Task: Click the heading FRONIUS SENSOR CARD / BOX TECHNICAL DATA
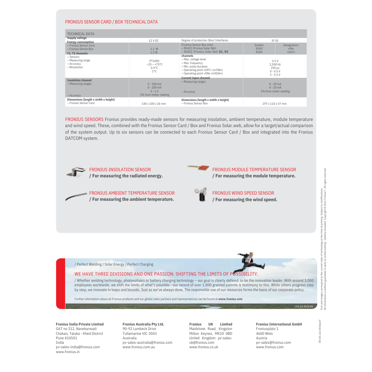[111, 22]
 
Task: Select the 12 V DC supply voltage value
[154, 41]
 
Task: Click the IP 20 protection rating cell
[275, 41]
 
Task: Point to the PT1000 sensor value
[154, 61]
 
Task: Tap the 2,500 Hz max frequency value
[275, 64]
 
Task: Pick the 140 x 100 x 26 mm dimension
[154, 104]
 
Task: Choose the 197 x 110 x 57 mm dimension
[275, 104]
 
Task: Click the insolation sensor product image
[76, 172]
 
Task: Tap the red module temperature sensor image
[199, 167]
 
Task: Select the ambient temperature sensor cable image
[76, 196]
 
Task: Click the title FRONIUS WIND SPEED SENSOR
[243, 193]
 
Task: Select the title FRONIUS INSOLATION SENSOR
[120, 170]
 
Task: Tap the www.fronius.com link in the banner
[230, 299]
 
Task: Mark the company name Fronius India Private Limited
[80, 324]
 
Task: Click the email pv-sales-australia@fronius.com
[147, 342]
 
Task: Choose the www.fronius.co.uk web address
[204, 347]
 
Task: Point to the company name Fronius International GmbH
[279, 324]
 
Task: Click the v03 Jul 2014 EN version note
[304, 306]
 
